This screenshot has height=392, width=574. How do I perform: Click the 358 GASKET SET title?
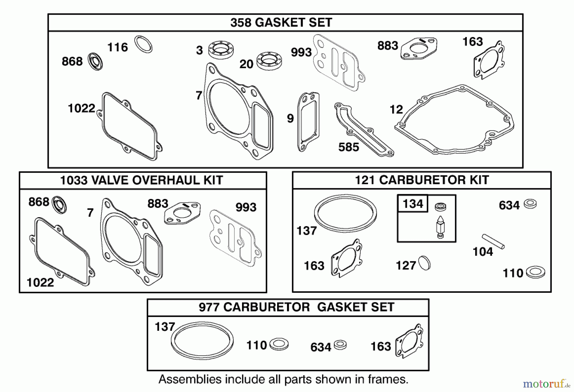click(281, 23)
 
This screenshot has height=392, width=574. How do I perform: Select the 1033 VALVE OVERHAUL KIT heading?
click(141, 180)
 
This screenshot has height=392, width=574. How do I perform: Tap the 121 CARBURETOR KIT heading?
click(422, 180)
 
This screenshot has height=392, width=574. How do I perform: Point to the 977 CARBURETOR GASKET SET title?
click(296, 307)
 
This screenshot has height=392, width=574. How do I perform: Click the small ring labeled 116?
click(143, 44)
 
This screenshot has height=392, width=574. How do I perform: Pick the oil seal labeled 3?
click(221, 50)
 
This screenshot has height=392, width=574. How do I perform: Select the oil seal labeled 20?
click(269, 61)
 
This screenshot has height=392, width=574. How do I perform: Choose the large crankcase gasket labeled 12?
click(454, 120)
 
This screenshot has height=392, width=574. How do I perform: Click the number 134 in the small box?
click(413, 203)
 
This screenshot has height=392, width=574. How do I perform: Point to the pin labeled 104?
click(493, 241)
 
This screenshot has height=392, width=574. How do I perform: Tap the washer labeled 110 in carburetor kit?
click(535, 272)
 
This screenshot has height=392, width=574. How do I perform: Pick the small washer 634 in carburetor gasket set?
click(340, 345)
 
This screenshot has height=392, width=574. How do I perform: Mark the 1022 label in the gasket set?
click(81, 108)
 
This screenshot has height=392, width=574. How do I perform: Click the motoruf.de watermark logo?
click(546, 383)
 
